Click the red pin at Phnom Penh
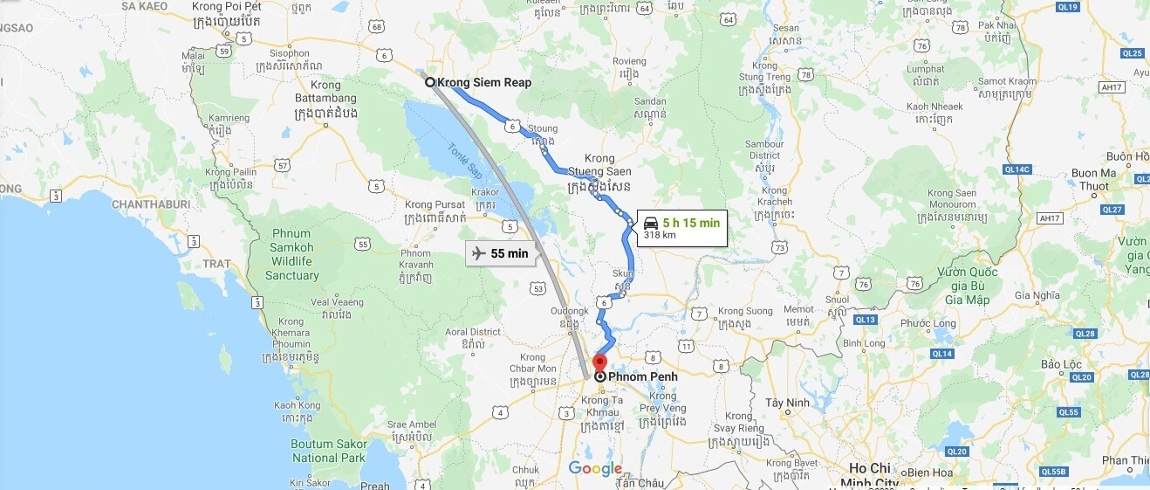[599, 362]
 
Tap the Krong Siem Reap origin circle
[430, 82]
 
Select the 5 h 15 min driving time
[690, 223]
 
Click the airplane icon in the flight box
[477, 253]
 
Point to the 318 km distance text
[660, 235]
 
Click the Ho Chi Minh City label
[869, 475]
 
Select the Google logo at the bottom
[595, 469]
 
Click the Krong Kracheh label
[775, 197]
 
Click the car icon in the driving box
[650, 223]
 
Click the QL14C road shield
[1017, 169]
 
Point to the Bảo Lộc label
[1061, 363]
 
